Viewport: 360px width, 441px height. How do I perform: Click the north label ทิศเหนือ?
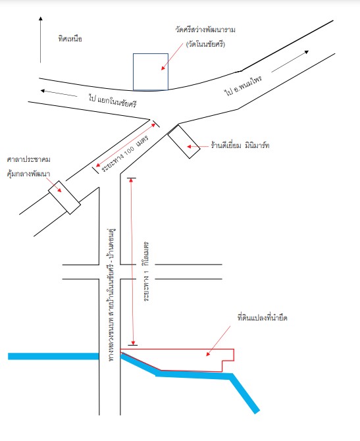[70, 39]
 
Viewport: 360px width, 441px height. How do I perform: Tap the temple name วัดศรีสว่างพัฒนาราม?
[205, 29]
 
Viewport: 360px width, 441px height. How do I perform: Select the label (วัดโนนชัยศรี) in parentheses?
[205, 44]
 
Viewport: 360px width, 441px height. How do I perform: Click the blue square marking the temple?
[151, 72]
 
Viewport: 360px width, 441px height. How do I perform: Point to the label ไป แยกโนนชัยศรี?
[113, 101]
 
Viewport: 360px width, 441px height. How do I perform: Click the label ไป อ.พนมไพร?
[243, 85]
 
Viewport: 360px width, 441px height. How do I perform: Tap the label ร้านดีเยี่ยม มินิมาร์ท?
[240, 145]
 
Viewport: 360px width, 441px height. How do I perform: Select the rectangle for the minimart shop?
[184, 142]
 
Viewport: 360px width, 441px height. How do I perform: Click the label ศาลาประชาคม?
[29, 159]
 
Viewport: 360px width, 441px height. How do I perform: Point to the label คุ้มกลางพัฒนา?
[28, 174]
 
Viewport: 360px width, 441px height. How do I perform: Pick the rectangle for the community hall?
[64, 197]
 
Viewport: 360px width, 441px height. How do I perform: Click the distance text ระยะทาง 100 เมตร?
[124, 153]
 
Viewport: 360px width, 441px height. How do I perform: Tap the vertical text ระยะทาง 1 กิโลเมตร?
[146, 271]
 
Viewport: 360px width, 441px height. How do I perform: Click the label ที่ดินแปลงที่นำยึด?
[262, 318]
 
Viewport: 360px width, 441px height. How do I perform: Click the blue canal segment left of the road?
[53, 356]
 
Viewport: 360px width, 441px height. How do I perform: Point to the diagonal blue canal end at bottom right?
[257, 411]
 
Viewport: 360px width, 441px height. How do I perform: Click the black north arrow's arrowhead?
[41, 18]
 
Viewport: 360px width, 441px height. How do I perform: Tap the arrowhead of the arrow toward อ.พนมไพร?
[307, 52]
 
